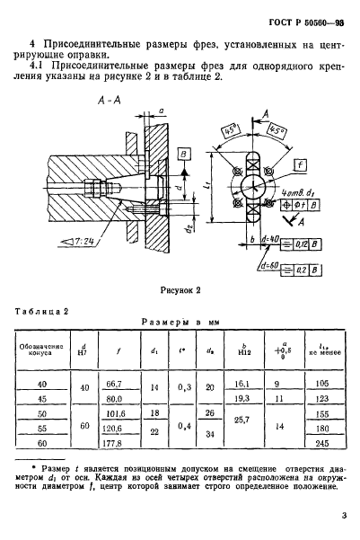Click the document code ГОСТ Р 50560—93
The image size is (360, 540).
[306, 23]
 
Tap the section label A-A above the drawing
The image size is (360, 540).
[110, 101]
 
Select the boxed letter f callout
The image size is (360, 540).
[300, 165]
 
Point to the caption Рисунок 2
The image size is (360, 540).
[180, 290]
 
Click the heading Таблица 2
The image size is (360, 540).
[41, 312]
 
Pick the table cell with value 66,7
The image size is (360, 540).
[114, 384]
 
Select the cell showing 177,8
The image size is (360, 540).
[112, 444]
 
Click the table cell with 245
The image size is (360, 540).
[322, 444]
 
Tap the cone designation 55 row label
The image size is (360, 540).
[42, 429]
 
